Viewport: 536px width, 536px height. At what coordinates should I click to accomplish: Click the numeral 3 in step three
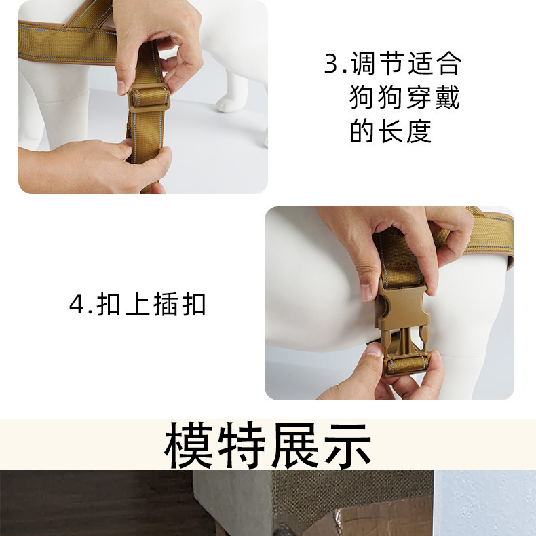[x=331, y=63]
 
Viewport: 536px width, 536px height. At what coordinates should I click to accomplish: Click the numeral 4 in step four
[x=76, y=304]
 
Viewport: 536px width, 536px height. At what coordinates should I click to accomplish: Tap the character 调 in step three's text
[x=364, y=63]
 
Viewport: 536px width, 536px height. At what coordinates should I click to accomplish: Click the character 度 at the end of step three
[x=419, y=131]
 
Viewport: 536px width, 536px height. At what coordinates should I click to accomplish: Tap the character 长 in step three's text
[x=391, y=131]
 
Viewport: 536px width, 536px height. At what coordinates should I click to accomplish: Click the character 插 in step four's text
[x=165, y=304]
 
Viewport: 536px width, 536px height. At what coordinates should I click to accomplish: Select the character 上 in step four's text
[x=137, y=304]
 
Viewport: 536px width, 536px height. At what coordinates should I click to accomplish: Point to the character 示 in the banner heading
[x=347, y=445]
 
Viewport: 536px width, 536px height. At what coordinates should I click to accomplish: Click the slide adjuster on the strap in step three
[x=149, y=98]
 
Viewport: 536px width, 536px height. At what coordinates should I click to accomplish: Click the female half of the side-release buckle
[x=403, y=305]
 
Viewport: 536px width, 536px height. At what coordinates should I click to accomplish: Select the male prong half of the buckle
[x=407, y=352]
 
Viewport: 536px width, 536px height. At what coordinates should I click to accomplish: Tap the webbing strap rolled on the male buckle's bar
[x=408, y=365]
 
